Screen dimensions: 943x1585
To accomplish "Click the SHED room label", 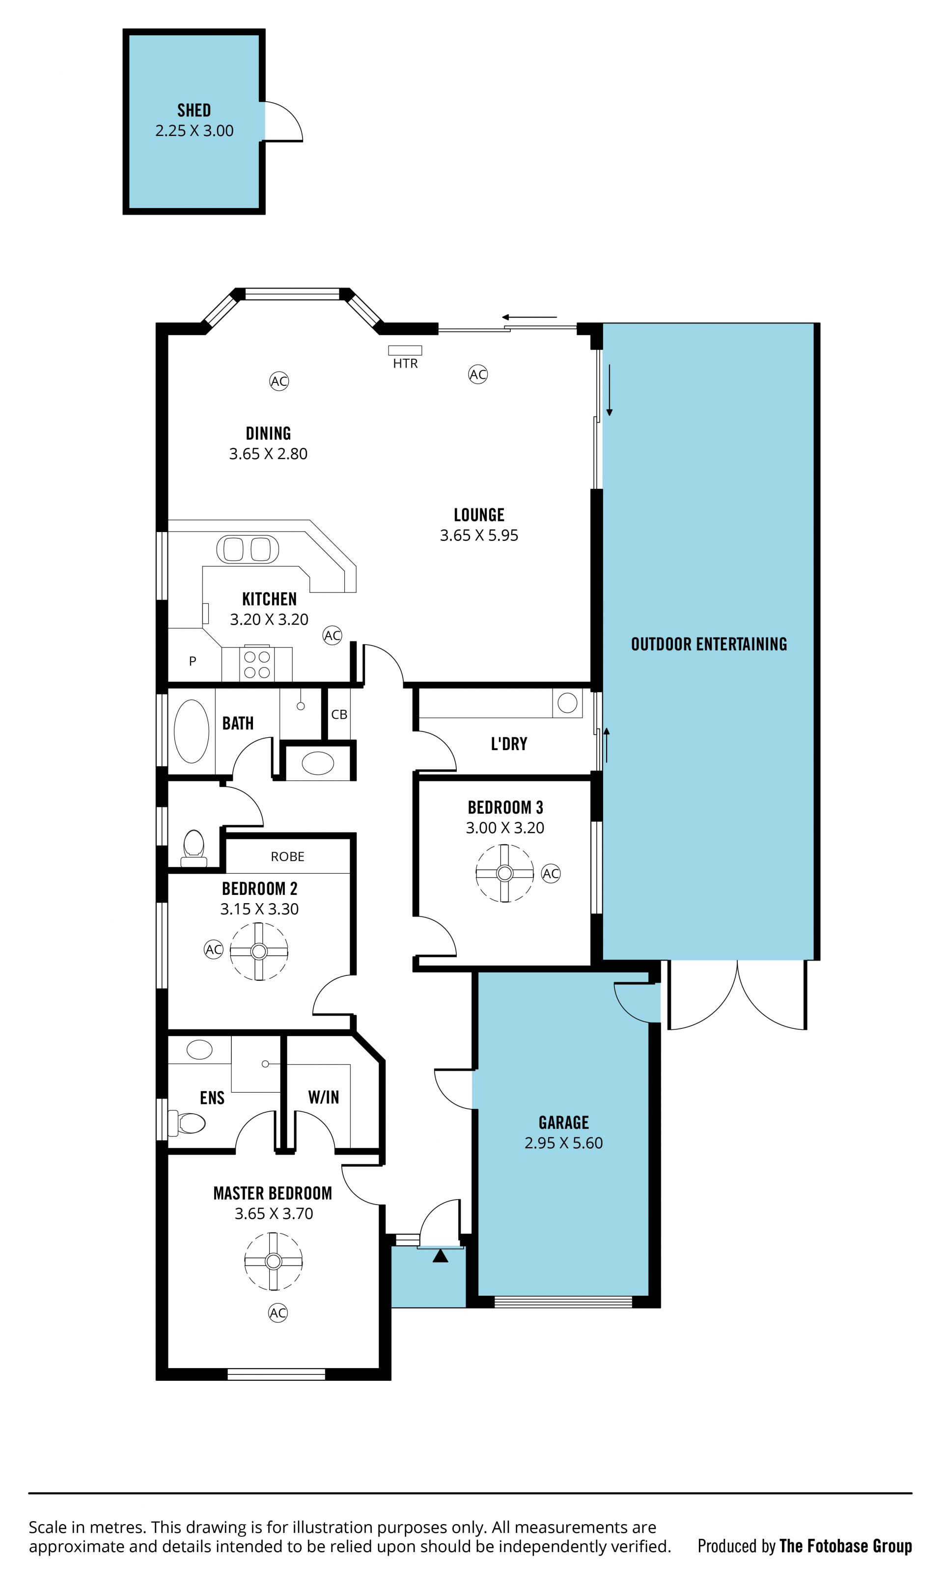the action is [194, 110].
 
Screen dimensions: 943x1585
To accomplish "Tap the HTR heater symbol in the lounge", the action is [405, 350].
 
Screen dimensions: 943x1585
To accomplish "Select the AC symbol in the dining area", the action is [279, 381].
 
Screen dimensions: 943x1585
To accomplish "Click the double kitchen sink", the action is [248, 549].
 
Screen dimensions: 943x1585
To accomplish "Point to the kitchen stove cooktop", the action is [257, 664].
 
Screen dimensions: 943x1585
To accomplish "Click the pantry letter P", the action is [193, 661].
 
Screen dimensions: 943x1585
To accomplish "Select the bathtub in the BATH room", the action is [191, 731].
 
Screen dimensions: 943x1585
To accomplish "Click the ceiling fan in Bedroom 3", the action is [504, 873].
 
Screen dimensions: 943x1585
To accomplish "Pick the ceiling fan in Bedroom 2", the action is [259, 951].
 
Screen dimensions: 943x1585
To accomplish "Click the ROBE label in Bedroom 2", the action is [287, 857].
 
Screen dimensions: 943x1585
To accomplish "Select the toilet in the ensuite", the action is [186, 1124].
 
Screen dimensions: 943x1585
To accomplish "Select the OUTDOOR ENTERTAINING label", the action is [709, 644].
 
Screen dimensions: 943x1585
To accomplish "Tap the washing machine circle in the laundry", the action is [567, 703].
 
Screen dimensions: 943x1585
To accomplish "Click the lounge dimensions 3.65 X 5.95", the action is [479, 536].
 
